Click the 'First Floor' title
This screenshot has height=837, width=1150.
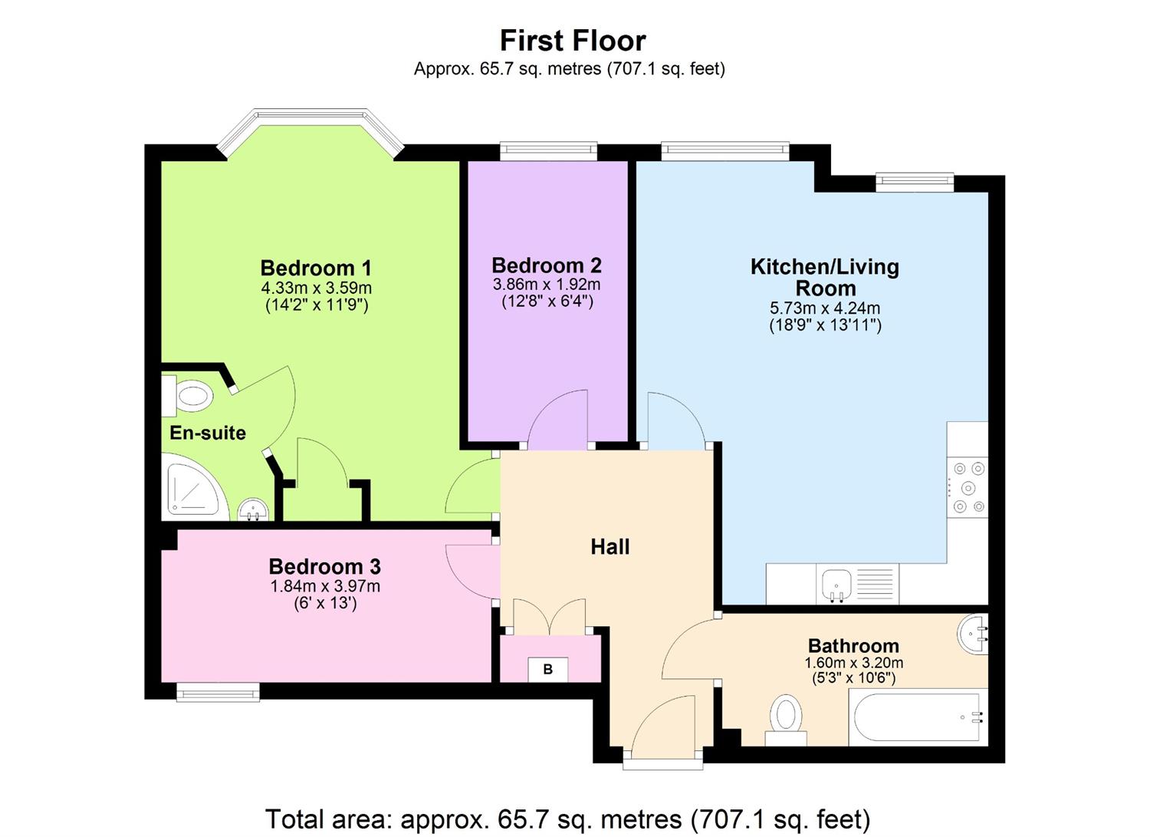[x=573, y=40]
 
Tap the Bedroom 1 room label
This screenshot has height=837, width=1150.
[x=316, y=268]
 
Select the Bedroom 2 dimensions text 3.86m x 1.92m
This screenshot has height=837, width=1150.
[x=547, y=285]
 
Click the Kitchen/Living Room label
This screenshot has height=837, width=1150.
[x=825, y=277]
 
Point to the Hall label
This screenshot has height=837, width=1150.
[x=609, y=547]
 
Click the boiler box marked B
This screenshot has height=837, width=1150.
[x=547, y=669]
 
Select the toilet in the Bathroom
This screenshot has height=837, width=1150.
[x=786, y=719]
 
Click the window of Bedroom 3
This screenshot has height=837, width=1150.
[x=218, y=693]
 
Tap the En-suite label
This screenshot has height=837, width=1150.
[x=208, y=433]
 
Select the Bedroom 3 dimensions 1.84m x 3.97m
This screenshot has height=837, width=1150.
[x=325, y=587]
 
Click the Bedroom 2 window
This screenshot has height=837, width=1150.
[x=547, y=150]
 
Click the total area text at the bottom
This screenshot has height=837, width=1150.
[x=567, y=819]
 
